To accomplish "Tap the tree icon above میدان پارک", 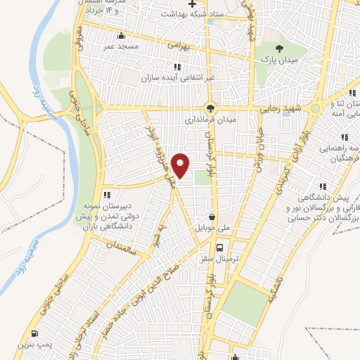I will (280, 48).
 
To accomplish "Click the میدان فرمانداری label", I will (210, 120).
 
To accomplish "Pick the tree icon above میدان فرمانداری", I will (210, 108).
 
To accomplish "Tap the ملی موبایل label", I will (213, 229).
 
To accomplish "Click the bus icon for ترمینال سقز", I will (220, 247).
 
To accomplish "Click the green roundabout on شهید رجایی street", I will (316, 108).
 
